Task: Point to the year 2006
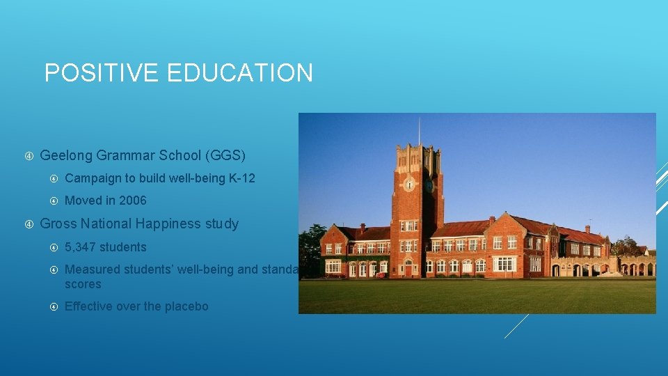coord(132,201)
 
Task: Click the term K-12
coord(241,178)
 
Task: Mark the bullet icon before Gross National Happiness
coord(30,224)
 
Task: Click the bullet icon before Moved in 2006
coord(54,201)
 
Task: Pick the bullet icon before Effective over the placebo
coord(54,306)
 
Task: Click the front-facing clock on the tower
coord(410,185)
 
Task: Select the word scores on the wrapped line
coord(83,285)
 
